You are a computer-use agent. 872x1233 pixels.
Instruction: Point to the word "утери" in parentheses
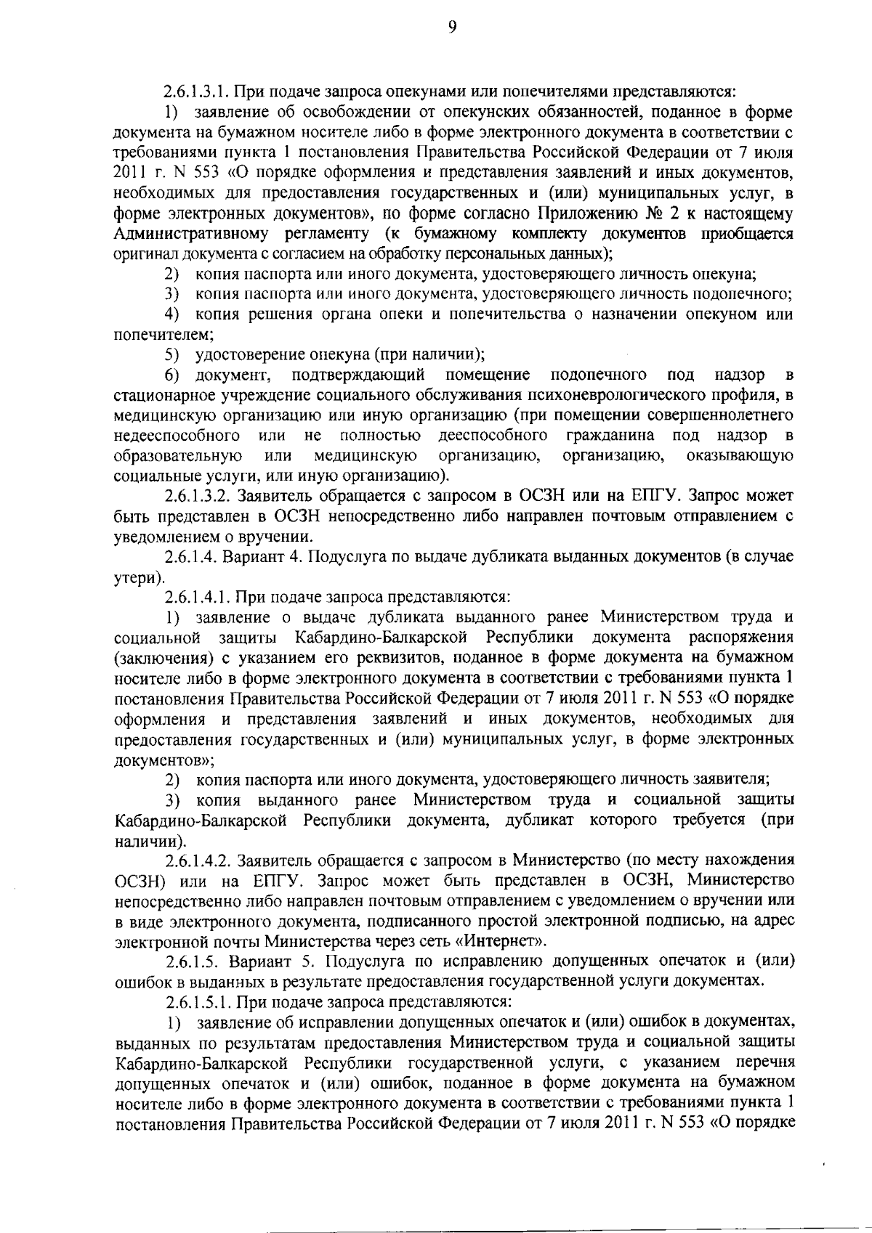[x=136, y=577]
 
